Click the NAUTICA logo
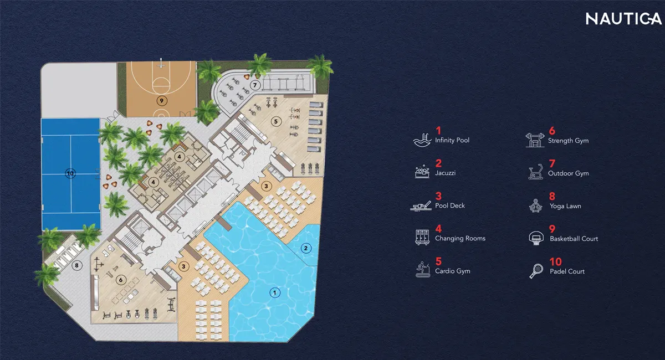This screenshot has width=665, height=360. tap(623, 19)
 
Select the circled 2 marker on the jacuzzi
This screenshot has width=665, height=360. tap(304, 248)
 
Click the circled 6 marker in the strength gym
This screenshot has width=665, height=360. tap(120, 280)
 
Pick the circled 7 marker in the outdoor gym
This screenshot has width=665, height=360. tap(254, 85)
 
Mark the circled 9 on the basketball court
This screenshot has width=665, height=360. tap(161, 101)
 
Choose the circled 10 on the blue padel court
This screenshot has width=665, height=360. tap(70, 173)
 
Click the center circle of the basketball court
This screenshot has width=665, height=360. tap(161, 86)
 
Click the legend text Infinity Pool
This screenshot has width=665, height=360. tap(452, 141)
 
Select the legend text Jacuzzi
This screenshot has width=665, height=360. tap(446, 173)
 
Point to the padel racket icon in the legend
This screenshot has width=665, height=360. tap(536, 270)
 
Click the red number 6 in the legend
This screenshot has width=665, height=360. tap(552, 131)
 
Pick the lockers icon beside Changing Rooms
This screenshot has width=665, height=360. tap(422, 237)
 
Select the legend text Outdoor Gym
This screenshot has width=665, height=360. tap(568, 173)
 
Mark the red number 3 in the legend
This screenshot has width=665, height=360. tap(438, 196)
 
